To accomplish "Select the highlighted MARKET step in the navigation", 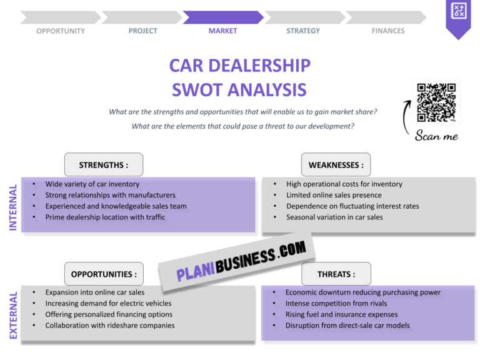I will pos(222,31).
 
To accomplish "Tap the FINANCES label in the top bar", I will pos(387,31).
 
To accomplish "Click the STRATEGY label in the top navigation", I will pos(303,31).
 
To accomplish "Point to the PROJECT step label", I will pos(142,31).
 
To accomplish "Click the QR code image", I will pos(436,102).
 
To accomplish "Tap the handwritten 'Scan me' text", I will pos(436,136).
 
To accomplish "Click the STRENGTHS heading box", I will pos(104,165).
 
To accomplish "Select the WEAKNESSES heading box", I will pos(336,165).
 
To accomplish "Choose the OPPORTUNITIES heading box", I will pos(104,274).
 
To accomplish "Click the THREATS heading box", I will pos(336,274).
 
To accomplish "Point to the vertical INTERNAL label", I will pos(13,207).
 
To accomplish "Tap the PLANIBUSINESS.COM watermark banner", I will pos(241,261).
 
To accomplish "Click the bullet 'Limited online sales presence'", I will pos(334,195).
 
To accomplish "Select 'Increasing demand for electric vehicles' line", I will pos(108,303).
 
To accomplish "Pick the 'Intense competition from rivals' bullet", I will pos(336,303).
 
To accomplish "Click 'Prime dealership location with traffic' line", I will pos(105,217).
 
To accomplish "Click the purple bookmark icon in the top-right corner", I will pos(459,17).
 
